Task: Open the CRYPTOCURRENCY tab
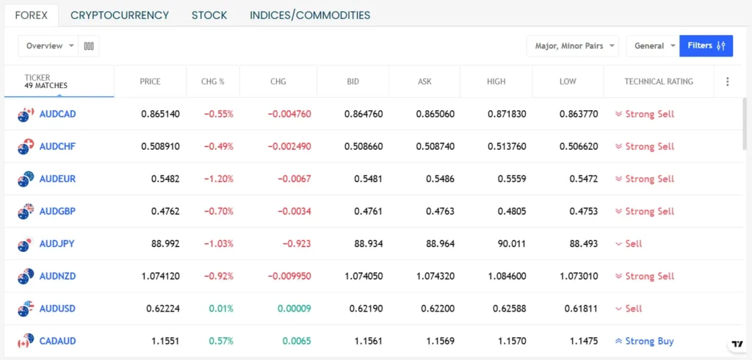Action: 120,15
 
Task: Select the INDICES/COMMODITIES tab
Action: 310,15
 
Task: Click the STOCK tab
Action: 209,15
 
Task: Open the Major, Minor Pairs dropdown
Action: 572,46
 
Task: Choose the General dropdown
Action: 654,46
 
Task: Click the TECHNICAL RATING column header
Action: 658,82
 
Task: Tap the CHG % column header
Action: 214,82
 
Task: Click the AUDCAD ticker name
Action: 57,114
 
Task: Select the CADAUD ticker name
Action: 57,341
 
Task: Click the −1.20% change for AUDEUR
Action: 217,179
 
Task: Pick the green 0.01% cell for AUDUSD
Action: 220,309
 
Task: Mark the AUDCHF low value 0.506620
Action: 578,146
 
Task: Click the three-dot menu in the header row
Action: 728,82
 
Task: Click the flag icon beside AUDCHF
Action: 26,146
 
